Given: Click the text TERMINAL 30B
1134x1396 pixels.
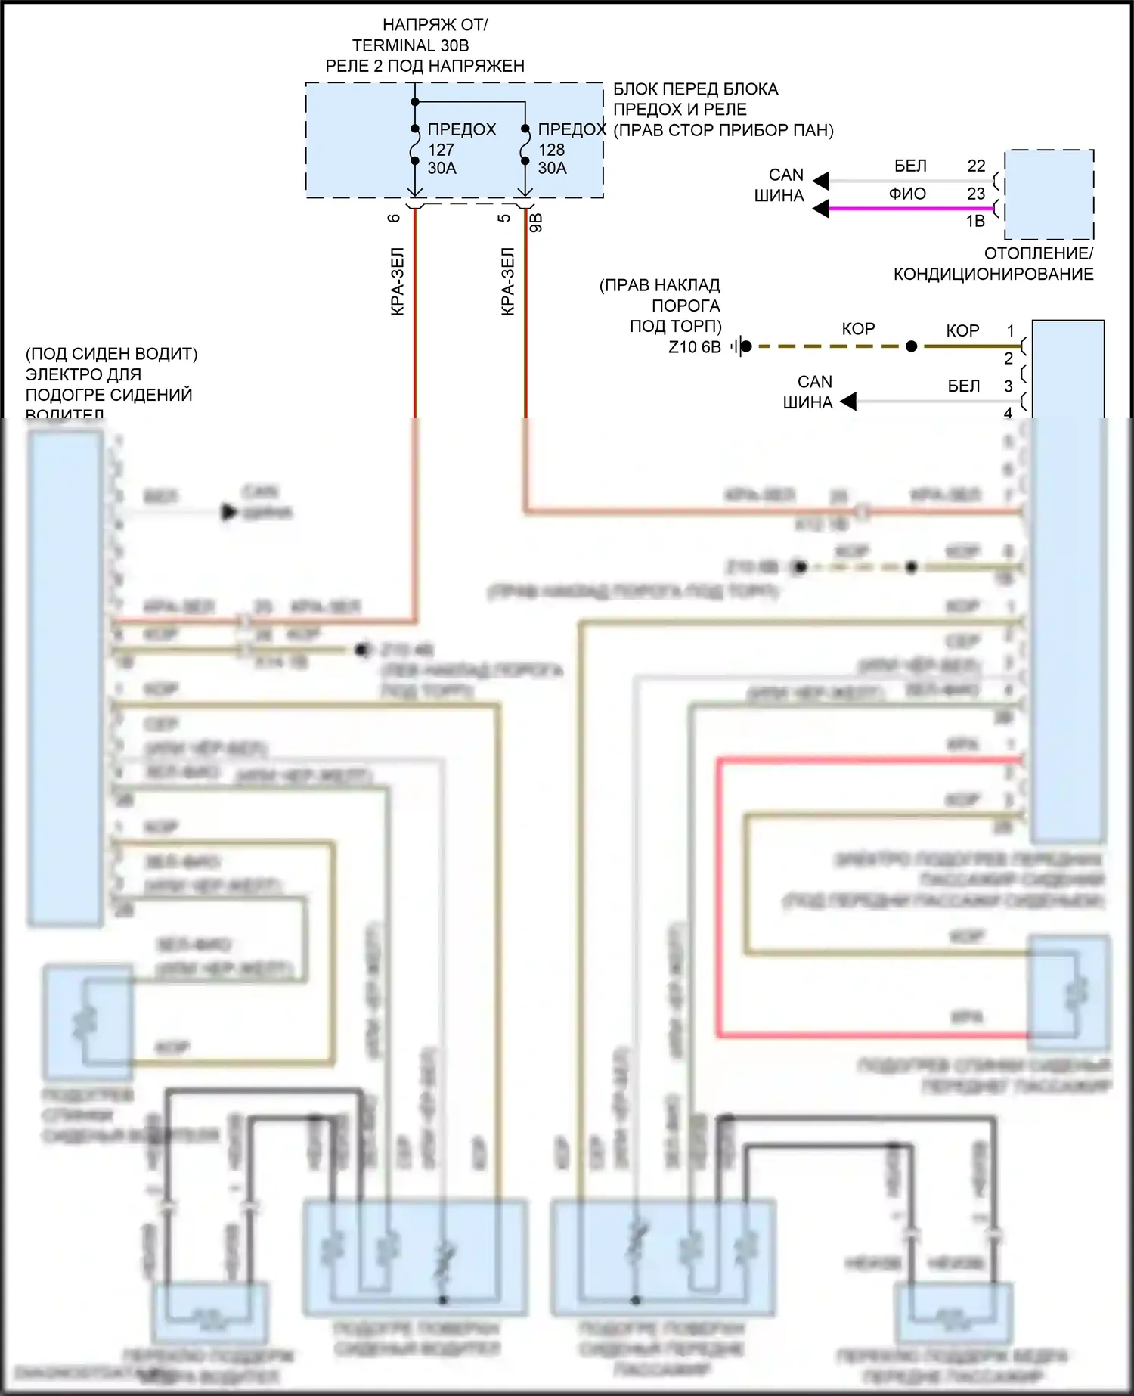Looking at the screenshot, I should pyautogui.click(x=411, y=45).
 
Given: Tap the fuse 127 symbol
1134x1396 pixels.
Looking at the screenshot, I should pyautogui.click(x=415, y=144).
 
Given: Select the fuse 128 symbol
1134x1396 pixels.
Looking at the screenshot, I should pyautogui.click(x=525, y=144).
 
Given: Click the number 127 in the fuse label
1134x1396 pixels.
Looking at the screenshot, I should pyautogui.click(x=441, y=150).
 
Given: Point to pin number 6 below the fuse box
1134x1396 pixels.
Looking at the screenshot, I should pyautogui.click(x=394, y=218).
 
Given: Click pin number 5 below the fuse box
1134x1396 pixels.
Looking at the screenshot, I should pyautogui.click(x=504, y=218).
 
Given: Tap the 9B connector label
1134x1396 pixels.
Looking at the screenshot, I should pyautogui.click(x=536, y=222).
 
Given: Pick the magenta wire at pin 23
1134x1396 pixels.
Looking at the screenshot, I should pyautogui.click(x=907, y=208).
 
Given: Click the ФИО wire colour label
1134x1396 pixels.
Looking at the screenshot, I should pyautogui.click(x=907, y=194).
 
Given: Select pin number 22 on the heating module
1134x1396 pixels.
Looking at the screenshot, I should pyautogui.click(x=976, y=166).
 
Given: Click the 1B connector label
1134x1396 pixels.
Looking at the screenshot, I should pyautogui.click(x=975, y=222).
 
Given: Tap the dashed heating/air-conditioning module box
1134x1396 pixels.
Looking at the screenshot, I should pyautogui.click(x=1049, y=194).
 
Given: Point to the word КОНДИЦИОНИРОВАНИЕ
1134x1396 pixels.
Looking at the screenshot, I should pyautogui.click(x=993, y=275).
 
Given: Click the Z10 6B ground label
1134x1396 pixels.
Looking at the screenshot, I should pyautogui.click(x=695, y=347).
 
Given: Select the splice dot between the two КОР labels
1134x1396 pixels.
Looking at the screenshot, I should pyautogui.click(x=912, y=346).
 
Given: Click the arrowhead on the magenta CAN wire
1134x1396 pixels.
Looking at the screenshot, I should pyautogui.click(x=821, y=208).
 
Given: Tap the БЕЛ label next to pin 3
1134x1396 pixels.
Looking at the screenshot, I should pyautogui.click(x=964, y=386).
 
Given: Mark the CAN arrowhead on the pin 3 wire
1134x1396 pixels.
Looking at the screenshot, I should pyautogui.click(x=848, y=401).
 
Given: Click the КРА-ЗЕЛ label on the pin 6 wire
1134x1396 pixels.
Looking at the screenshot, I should pyautogui.click(x=398, y=281).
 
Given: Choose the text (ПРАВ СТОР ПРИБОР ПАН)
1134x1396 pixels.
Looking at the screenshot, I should pyautogui.click(x=723, y=130).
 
